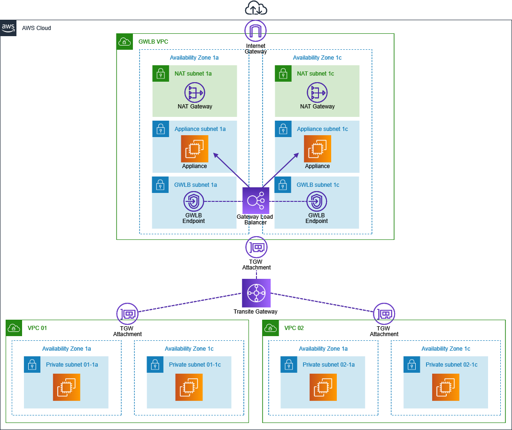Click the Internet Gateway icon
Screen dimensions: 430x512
click(x=256, y=31)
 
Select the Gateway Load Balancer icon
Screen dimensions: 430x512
click(x=256, y=200)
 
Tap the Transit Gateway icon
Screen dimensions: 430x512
click(x=256, y=293)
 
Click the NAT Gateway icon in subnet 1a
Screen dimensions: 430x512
click(x=194, y=93)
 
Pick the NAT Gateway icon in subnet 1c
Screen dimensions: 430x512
click(x=317, y=93)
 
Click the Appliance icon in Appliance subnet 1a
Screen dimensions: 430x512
click(x=194, y=149)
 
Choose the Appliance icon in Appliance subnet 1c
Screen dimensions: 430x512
click(x=317, y=149)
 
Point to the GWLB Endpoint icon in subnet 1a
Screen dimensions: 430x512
click(x=194, y=202)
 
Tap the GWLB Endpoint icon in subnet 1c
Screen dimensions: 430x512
click(x=317, y=202)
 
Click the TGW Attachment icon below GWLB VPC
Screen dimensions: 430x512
click(x=256, y=247)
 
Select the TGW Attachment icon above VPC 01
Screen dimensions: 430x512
click(x=127, y=314)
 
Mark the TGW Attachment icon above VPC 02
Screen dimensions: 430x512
click(x=384, y=314)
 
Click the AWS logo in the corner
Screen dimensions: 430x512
click(x=8, y=28)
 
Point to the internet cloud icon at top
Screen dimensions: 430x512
click(x=256, y=8)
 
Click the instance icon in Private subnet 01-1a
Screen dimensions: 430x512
click(x=67, y=387)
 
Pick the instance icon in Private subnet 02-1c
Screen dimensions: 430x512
click(x=446, y=387)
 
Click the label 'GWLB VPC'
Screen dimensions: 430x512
click(x=153, y=42)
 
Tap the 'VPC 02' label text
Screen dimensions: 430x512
click(x=294, y=328)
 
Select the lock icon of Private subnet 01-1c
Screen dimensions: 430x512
click(x=155, y=364)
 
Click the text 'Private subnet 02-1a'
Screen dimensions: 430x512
click(x=329, y=365)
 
